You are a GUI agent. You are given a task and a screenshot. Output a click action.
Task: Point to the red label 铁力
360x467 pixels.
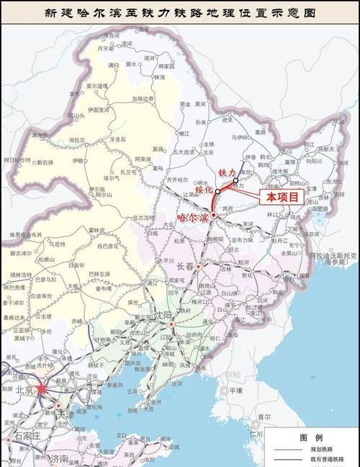click(x=228, y=173)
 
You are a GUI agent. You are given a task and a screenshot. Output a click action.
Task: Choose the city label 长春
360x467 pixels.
click(x=186, y=266)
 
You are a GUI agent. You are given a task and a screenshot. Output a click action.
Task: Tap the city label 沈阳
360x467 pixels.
click(x=165, y=316)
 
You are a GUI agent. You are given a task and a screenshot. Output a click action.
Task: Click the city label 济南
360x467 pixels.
click(x=58, y=459)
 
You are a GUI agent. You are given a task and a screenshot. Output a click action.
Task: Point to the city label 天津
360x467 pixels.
click(x=66, y=414)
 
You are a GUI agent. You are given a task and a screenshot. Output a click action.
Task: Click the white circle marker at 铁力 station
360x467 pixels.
click(x=235, y=180)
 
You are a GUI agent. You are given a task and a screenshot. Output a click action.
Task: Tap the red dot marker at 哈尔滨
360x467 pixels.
click(x=213, y=215)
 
